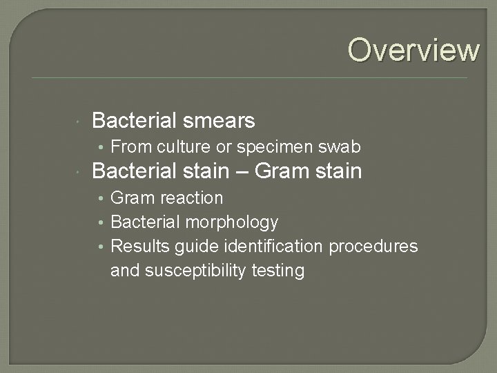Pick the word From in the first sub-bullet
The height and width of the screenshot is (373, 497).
point(131,147)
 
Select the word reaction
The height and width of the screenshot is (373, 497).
point(191,198)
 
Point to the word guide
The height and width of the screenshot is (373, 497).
point(194,247)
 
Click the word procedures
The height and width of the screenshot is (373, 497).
point(374,247)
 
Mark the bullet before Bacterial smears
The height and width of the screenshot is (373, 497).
point(80,122)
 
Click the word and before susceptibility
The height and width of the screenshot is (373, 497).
point(125,271)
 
